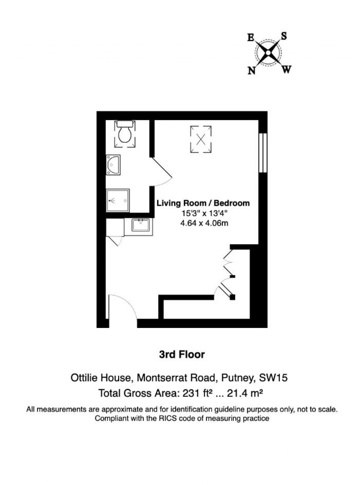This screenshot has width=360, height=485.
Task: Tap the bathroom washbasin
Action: pos(113,165)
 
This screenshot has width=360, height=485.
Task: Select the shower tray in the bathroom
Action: pos(118,201)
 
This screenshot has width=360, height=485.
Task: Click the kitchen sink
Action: pos(140,225)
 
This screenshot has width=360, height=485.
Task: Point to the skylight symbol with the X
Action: pos(201,139)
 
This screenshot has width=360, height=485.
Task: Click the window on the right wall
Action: pos(263,153)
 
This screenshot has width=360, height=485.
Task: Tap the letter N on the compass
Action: pos(252,71)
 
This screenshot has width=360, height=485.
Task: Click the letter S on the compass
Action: pos(284,36)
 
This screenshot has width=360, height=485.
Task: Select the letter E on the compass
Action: pos(251,38)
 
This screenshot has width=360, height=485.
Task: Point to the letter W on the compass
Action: pos(287,70)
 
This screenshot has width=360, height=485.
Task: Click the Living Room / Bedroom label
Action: pos(203,203)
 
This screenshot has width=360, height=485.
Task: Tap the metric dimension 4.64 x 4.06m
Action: pos(204,223)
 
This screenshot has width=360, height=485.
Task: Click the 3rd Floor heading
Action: pos(182,355)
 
